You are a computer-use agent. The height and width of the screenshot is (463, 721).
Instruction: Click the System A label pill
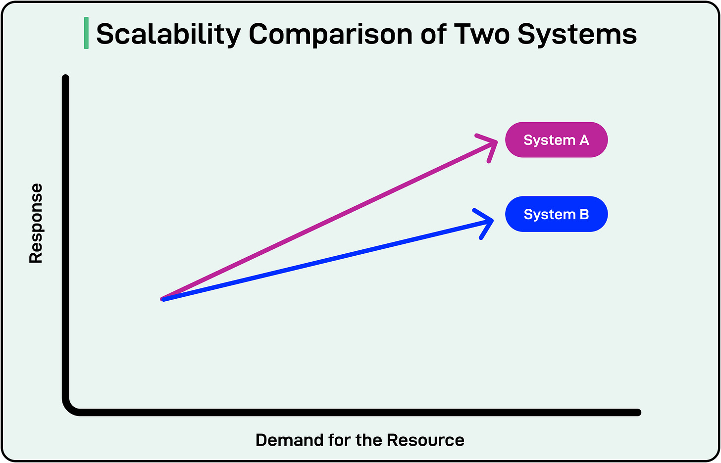coord(556,140)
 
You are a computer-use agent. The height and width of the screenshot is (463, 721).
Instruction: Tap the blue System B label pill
coord(556,214)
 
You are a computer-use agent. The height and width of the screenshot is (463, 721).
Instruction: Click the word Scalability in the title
coord(168,35)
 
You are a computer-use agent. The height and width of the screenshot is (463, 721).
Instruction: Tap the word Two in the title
coord(482,35)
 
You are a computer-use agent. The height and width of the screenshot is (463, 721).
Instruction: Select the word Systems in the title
coord(577,35)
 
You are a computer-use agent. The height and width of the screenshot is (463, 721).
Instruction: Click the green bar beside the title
coord(87,33)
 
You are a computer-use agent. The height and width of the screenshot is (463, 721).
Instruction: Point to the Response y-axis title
coord(36,223)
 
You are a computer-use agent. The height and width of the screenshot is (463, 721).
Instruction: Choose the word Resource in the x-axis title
coord(425,440)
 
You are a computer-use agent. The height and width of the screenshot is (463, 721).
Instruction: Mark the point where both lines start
coord(162,299)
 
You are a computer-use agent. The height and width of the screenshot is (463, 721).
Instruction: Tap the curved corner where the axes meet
coord(70,406)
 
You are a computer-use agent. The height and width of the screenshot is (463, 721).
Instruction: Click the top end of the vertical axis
coord(65,78)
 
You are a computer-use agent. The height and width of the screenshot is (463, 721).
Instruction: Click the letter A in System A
coord(584,140)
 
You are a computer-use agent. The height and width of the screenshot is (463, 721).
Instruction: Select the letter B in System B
coord(584,214)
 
